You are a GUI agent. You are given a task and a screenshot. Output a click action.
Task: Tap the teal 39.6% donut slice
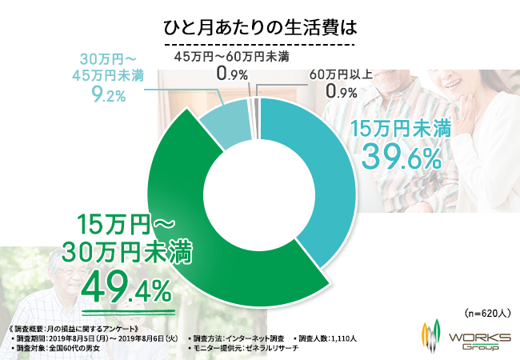point(320,176)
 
